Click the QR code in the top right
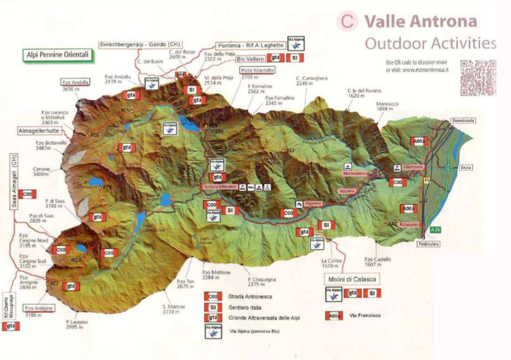click(x=478, y=77)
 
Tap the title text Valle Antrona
click(x=420, y=22)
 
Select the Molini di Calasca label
click(x=351, y=278)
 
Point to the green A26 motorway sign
click(x=435, y=230)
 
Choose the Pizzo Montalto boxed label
click(x=258, y=71)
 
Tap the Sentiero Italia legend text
click(x=243, y=307)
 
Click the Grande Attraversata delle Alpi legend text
click(x=264, y=318)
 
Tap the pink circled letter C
click(x=347, y=22)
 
